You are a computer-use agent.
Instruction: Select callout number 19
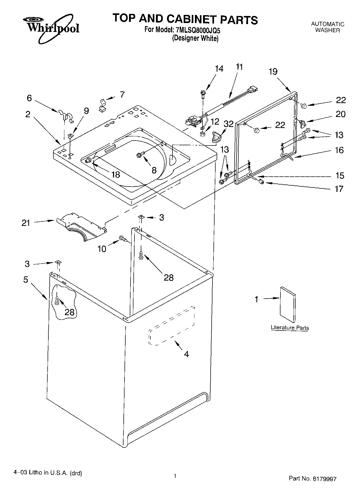(273, 72)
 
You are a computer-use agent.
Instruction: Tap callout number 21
(26, 223)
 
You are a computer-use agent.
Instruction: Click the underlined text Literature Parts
(290, 327)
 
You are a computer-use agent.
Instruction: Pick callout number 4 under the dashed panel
(186, 354)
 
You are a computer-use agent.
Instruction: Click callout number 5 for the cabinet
(25, 280)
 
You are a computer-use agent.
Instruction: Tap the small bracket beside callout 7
(103, 105)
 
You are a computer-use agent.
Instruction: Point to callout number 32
(228, 124)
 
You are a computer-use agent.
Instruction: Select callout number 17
(339, 189)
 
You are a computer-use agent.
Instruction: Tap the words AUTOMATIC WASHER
(327, 27)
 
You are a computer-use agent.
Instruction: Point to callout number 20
(340, 114)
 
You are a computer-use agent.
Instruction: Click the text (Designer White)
(195, 38)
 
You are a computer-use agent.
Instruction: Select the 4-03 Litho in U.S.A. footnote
(48, 473)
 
